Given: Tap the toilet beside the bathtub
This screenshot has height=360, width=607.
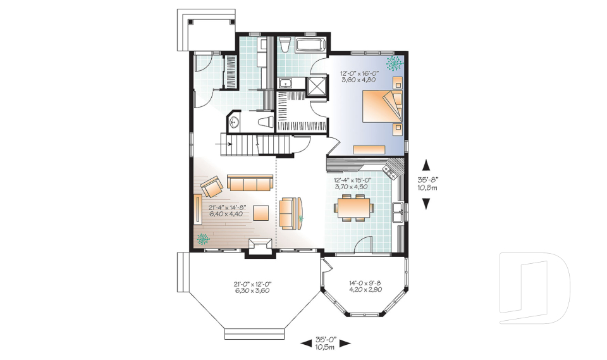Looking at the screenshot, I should pos(285,45).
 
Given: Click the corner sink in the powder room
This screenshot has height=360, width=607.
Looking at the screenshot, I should pos(235,122).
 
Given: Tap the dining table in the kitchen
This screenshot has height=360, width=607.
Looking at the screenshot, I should pos(353,207).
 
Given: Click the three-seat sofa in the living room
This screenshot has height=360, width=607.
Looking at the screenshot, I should pos(250,183).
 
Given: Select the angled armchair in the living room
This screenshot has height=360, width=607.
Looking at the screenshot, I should pos(211,187).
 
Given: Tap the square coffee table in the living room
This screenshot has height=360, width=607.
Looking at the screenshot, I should pos(262,211).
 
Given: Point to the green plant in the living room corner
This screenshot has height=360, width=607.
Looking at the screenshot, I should pos(203,239).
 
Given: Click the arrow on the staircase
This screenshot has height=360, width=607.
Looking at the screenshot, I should pos(223,145).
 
